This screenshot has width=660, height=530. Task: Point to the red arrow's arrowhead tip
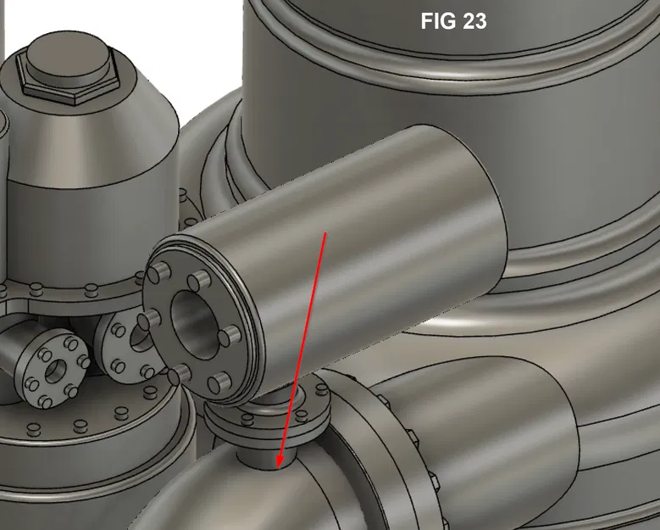279,467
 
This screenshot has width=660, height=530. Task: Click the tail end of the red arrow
326,232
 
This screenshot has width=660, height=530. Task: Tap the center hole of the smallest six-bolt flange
55,371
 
